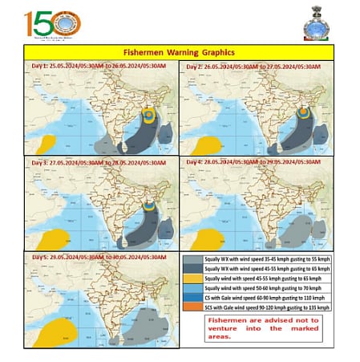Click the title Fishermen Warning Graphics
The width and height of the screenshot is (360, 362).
[179, 50]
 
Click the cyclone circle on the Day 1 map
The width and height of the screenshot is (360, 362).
[149, 116]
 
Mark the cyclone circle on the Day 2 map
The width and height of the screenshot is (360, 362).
[305, 115]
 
